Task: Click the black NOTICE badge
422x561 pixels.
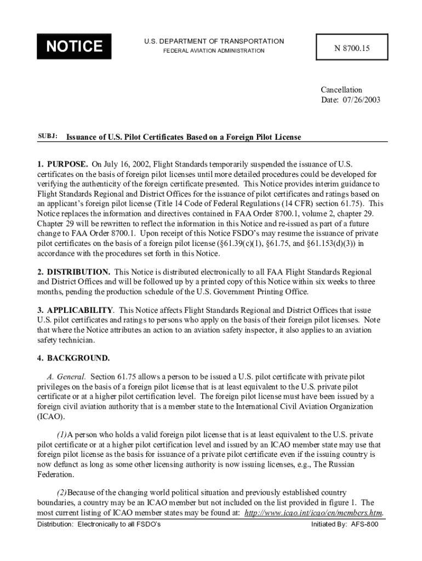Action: click(x=74, y=47)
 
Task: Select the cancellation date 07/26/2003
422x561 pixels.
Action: click(x=360, y=100)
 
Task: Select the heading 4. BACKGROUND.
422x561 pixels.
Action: click(x=73, y=358)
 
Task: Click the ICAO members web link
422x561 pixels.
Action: click(x=313, y=513)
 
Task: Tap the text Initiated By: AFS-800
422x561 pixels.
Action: click(x=345, y=524)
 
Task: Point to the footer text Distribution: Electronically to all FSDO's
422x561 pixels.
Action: click(x=99, y=524)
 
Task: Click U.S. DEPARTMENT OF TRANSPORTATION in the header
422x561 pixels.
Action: click(x=214, y=41)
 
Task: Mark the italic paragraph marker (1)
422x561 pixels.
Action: click(x=61, y=435)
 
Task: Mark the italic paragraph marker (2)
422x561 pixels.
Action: click(x=61, y=493)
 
